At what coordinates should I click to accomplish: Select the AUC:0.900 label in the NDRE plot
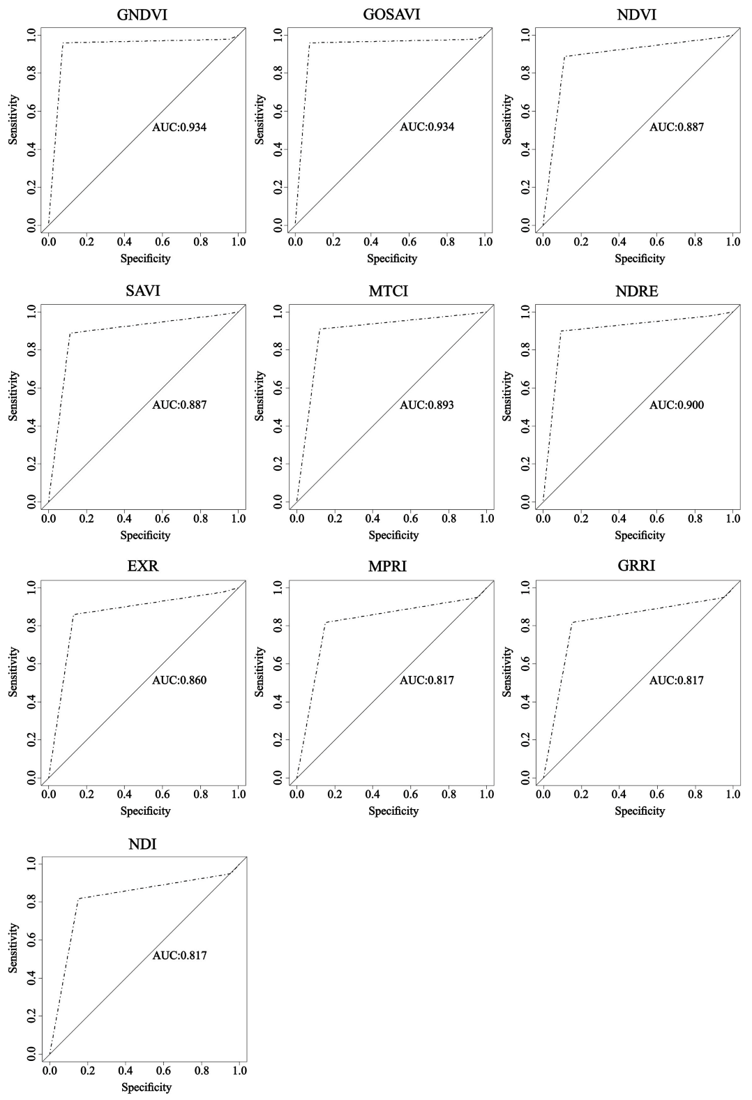point(676,405)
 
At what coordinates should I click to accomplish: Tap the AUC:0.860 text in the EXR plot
point(179,680)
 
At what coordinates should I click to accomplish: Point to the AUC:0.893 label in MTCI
point(426,405)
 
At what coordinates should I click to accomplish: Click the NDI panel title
point(142,845)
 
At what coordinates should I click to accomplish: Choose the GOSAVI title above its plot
point(391,14)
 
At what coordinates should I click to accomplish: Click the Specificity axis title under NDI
point(146,1087)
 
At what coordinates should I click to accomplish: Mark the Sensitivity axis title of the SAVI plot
point(13,396)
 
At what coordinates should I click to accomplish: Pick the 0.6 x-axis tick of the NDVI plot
point(657,241)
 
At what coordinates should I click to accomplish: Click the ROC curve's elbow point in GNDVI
point(63,43)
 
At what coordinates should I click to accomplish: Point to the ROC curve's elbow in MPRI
point(325,622)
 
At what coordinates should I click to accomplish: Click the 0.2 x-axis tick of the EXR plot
point(87,794)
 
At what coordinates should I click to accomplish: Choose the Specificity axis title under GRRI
point(640,811)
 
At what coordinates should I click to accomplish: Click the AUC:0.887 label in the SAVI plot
point(179,405)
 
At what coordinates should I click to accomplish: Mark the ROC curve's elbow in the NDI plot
point(78,898)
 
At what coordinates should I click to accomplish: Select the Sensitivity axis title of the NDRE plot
point(507,396)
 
